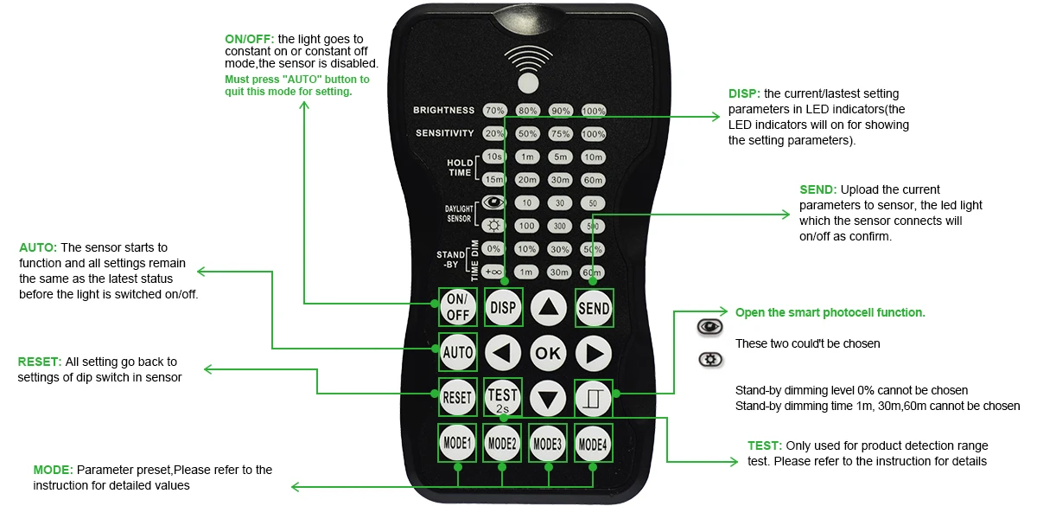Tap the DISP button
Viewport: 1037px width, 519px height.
pyautogui.click(x=502, y=308)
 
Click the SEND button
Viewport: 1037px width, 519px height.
pyautogui.click(x=594, y=308)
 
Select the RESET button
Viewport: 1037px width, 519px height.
pyautogui.click(x=457, y=398)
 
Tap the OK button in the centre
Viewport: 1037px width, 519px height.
pyautogui.click(x=548, y=353)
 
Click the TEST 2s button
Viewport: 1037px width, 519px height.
pyautogui.click(x=502, y=398)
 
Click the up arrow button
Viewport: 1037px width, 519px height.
pyautogui.click(x=548, y=308)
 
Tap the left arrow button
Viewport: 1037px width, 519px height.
pyautogui.click(x=502, y=353)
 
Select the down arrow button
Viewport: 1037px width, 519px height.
pyautogui.click(x=548, y=398)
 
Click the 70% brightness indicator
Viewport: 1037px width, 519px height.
pyautogui.click(x=494, y=111)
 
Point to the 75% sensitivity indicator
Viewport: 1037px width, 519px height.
pyautogui.click(x=561, y=134)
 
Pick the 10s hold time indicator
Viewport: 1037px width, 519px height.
pyautogui.click(x=494, y=157)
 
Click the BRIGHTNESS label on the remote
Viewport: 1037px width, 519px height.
pyautogui.click(x=444, y=111)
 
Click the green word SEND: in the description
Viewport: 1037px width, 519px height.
pyautogui.click(x=818, y=189)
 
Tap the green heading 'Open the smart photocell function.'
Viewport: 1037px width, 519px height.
pyautogui.click(x=830, y=312)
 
